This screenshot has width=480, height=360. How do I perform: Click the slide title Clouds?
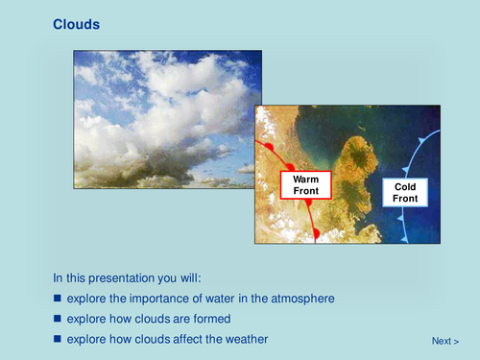77,24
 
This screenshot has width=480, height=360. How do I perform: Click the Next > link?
444,341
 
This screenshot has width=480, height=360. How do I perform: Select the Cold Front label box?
406,191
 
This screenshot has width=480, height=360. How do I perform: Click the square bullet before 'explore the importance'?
58,299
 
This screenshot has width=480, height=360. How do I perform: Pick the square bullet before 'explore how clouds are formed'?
58,319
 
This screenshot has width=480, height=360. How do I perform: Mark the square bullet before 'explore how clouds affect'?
58,339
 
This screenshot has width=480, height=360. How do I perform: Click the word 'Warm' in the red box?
304,179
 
